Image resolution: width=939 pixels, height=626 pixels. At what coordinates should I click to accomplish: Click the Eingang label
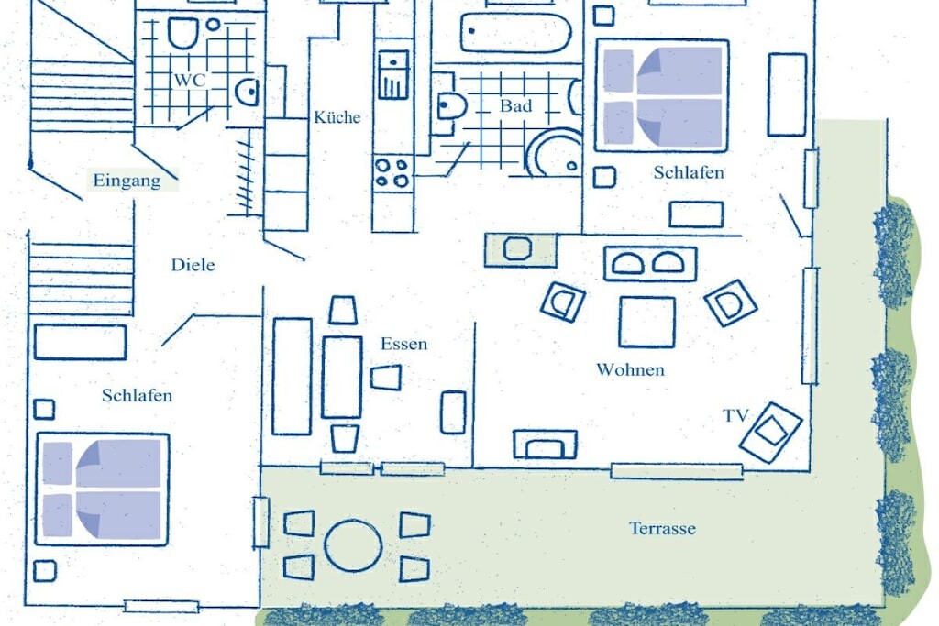click(x=127, y=181)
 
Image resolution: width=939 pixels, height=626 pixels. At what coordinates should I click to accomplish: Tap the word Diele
click(x=193, y=265)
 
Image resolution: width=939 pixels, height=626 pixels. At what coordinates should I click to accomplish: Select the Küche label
click(x=337, y=117)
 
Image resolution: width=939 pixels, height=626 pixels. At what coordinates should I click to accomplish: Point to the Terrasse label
click(x=662, y=529)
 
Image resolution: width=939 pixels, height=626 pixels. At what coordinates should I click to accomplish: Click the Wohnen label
click(x=631, y=370)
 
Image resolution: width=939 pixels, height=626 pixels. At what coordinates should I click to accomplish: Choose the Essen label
click(x=404, y=344)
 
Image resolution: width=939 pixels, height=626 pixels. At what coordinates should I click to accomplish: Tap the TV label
click(x=735, y=415)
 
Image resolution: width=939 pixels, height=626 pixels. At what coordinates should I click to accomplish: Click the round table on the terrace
click(x=353, y=546)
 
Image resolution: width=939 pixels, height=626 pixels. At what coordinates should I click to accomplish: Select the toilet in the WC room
click(x=182, y=33)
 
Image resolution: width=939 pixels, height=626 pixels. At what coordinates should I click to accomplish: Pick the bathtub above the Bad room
click(x=515, y=33)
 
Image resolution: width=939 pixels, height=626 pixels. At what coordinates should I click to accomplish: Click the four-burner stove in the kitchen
click(x=392, y=172)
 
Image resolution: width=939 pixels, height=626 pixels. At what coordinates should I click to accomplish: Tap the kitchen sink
click(x=393, y=75)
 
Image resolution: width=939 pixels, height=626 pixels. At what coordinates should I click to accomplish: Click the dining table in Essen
click(x=342, y=378)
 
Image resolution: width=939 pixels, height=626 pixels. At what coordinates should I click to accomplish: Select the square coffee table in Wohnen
click(x=647, y=322)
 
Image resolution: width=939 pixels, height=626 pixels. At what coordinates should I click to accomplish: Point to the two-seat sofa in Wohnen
click(x=650, y=264)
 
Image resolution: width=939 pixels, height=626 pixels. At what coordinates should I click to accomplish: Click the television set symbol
click(x=770, y=432)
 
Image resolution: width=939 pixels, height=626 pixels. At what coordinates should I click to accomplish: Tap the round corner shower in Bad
click(x=553, y=153)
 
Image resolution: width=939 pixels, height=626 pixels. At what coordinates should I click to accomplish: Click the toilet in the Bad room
click(x=451, y=106)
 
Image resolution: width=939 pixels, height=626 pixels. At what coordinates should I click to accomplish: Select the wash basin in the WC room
click(x=247, y=93)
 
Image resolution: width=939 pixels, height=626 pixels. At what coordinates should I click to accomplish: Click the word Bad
click(x=515, y=106)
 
